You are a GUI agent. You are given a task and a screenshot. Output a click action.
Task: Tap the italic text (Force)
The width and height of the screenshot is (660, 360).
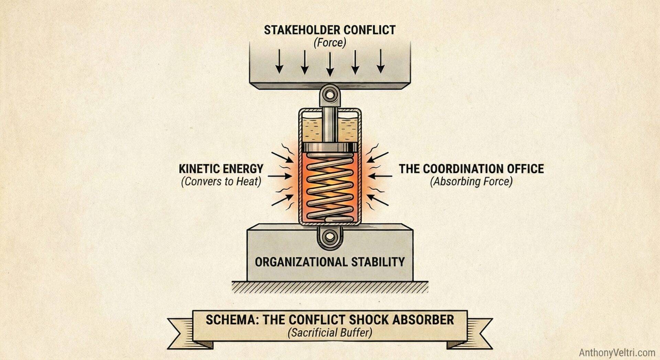coord(329,43)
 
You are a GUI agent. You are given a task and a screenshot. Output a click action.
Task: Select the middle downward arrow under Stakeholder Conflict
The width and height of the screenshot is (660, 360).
coord(330,64)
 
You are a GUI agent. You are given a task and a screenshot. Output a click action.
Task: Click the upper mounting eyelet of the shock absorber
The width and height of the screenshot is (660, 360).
coord(330,94)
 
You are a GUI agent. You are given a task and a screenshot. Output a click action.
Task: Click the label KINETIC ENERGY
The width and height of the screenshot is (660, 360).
coord(221,169)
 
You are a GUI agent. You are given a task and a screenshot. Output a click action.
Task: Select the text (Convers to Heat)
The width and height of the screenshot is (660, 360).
coord(221,182)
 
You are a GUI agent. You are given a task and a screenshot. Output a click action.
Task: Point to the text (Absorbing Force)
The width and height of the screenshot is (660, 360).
coord(471,182)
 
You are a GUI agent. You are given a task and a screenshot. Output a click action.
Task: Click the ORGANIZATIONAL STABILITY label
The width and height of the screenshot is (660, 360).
coord(330,262)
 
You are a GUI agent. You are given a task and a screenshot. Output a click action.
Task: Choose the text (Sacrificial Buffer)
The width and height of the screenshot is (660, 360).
coord(330,332)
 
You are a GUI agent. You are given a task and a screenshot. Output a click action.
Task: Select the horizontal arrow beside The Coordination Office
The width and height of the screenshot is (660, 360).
coord(380,176)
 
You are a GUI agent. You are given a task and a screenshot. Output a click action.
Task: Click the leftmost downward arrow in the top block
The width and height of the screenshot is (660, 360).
coord(279,62)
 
